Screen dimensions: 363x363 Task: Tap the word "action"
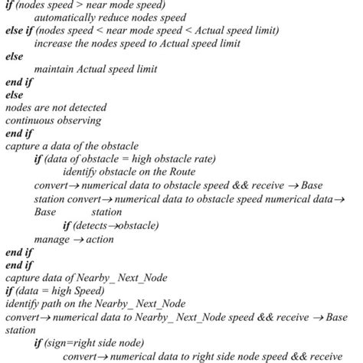click(x=99, y=240)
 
